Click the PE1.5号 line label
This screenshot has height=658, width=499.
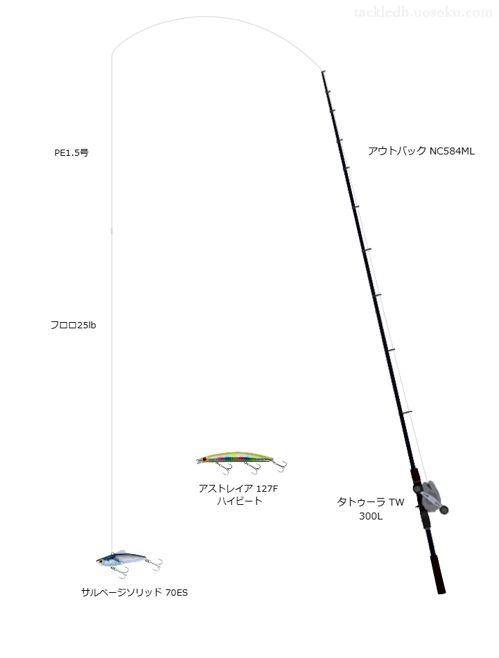coord(71,153)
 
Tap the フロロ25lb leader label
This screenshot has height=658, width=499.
coord(73,326)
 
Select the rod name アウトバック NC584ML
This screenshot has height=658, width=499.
coord(421,151)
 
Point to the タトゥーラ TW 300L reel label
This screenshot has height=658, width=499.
coord(371,508)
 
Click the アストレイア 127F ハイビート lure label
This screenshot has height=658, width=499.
coord(238,495)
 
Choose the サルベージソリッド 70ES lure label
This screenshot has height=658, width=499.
coord(134,592)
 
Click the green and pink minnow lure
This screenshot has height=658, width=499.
coord(241,461)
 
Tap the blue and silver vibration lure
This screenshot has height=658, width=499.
coord(129,562)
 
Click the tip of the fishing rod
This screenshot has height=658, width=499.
coord(322,72)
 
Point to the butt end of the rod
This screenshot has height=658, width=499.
coord(441,592)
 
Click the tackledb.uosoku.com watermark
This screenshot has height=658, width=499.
coord(423,12)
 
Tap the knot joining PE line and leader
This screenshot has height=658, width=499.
coord(112,231)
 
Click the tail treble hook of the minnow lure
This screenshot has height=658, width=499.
coord(280,465)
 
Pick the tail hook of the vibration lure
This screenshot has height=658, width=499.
coord(156,564)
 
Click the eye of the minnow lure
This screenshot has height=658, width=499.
coord(204,459)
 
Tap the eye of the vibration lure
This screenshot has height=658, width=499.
coord(101,560)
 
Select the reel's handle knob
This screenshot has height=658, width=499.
coord(444,510)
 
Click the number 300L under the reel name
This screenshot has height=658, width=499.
coord(371,516)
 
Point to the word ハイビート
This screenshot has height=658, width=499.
coord(239,501)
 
